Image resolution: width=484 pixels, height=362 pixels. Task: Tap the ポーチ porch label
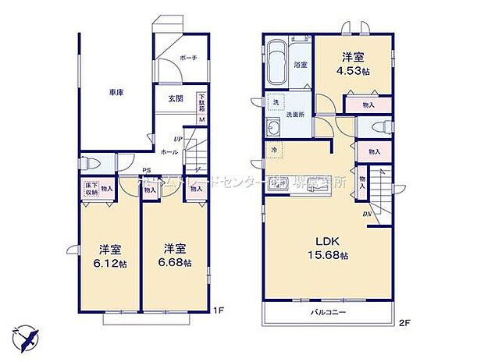187,58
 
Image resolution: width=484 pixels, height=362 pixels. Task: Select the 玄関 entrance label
175,98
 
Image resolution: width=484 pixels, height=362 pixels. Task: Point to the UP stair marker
177,138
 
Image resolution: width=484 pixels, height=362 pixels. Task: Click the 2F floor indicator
404,321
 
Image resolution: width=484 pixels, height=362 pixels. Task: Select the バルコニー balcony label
328,312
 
